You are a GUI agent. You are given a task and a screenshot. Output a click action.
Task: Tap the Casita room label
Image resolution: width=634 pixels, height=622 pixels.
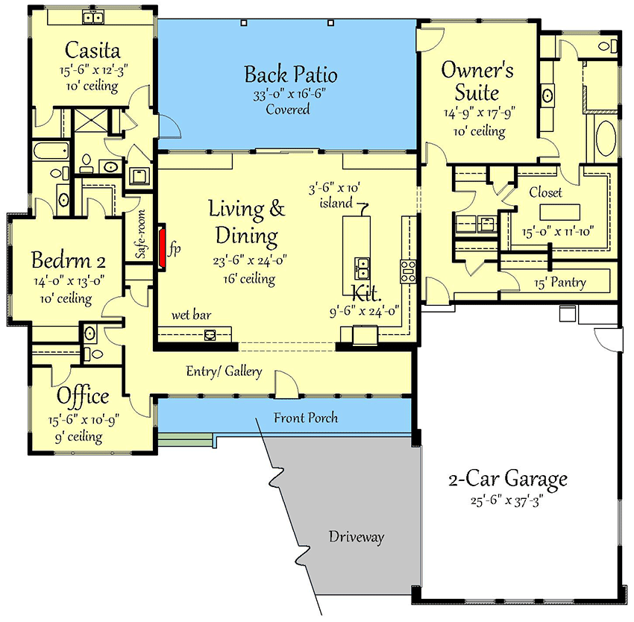[x=93, y=51]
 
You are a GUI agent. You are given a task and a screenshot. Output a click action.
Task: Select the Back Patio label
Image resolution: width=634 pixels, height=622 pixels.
[x=291, y=75]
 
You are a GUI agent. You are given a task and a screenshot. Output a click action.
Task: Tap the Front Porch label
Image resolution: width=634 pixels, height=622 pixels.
[x=305, y=418]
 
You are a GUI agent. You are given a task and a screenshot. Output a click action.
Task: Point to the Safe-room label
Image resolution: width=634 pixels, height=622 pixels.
[x=139, y=235]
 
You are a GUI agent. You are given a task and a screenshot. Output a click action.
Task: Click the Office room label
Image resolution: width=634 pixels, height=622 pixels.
[x=83, y=396]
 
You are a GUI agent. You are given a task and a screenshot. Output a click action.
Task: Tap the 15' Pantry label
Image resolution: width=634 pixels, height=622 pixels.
[x=559, y=283]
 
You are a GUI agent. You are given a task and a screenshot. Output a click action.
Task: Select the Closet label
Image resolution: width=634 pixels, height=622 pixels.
[x=545, y=192]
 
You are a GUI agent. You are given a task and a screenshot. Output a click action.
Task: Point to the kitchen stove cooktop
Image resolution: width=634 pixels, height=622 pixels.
[x=409, y=270]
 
